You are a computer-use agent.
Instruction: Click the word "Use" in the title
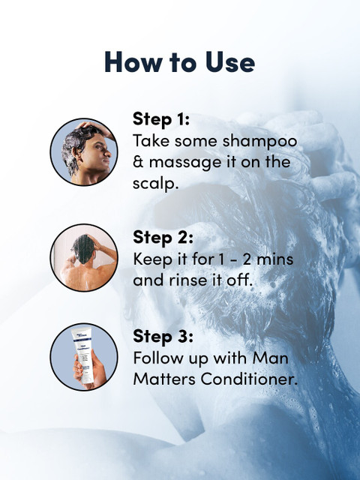[x=230, y=61]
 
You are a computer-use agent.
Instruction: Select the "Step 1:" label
[x=161, y=119]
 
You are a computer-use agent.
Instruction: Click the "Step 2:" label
[x=163, y=238]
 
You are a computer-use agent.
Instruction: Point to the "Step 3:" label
[x=163, y=337]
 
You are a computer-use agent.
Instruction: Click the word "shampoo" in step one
[x=260, y=142]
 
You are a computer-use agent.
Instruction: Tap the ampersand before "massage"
[x=138, y=162]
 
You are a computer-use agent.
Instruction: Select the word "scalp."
[x=155, y=184]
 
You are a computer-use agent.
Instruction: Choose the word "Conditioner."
[x=249, y=379]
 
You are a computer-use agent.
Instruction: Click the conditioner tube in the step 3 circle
[x=82, y=355]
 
